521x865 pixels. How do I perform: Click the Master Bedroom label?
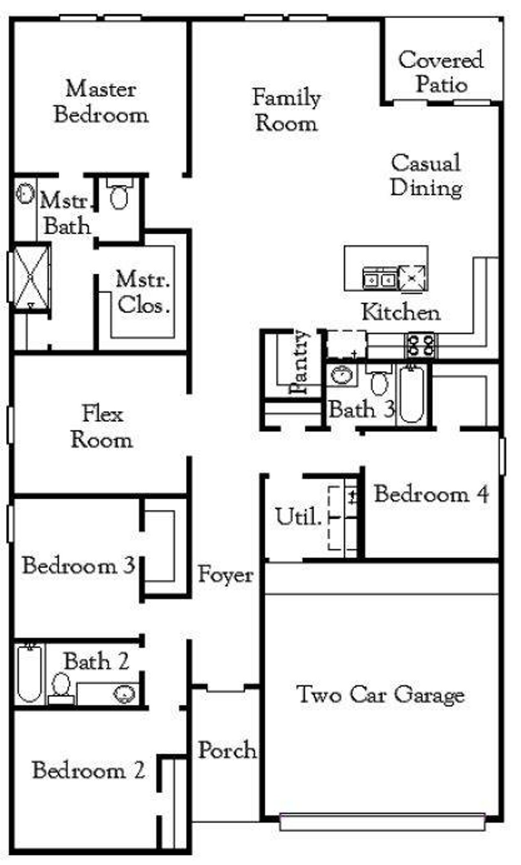point(101,102)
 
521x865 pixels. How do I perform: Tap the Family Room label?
point(286,110)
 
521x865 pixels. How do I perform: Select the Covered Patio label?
point(441,72)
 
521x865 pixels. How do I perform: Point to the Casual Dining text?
point(426,175)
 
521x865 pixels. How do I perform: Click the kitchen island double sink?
point(379,279)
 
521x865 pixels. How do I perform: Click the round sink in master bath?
point(25,193)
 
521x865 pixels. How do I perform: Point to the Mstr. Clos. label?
point(143,292)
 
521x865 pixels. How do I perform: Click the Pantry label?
point(300,362)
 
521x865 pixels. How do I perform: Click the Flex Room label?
point(102,427)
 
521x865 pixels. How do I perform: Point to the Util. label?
point(299,517)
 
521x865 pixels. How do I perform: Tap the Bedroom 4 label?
point(431,494)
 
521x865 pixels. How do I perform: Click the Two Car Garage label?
point(381,694)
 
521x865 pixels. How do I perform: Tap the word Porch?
point(227,750)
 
